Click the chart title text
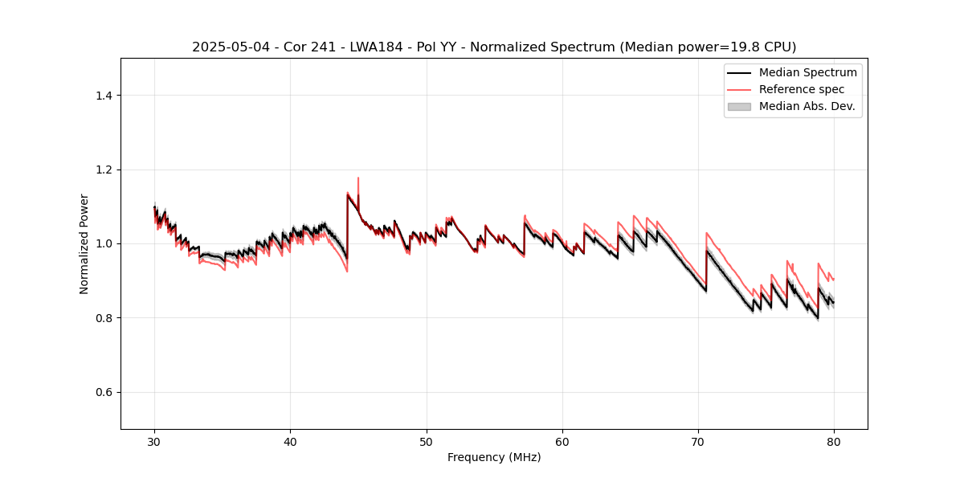pos(494,47)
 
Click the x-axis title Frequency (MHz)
pos(494,457)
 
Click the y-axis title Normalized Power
pos(84,243)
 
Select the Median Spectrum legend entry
pos(807,72)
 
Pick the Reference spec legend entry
pos(801,89)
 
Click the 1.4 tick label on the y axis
pos(104,96)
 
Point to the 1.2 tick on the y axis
pos(104,170)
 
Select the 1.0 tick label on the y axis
pos(104,243)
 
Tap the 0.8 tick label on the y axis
pos(104,318)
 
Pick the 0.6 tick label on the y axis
pos(104,392)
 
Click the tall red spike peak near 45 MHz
pos(358,178)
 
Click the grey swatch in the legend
pos(739,106)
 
